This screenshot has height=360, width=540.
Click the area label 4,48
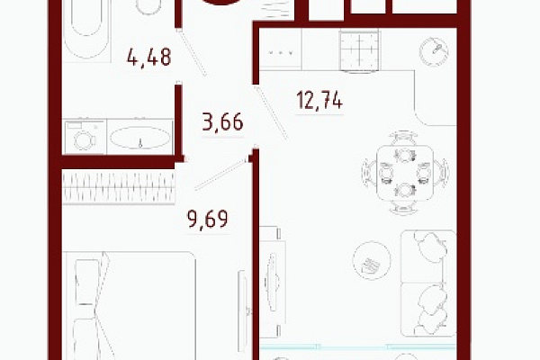pyautogui.click(x=148, y=58)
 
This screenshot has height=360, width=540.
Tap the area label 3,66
pyautogui.click(x=222, y=121)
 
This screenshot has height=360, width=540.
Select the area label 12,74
pyautogui.click(x=319, y=100)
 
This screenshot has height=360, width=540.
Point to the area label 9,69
pyautogui.click(x=208, y=219)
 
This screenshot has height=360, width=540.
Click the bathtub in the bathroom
pyautogui.click(x=86, y=31)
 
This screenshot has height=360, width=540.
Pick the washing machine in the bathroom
pyautogui.click(x=85, y=137)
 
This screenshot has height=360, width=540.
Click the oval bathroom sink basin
pyautogui.click(x=139, y=138)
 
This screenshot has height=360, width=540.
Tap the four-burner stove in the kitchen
pyautogui.click(x=359, y=50)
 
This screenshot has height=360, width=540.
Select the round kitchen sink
pyautogui.click(x=434, y=51)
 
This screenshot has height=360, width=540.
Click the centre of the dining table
pyautogui.click(x=405, y=174)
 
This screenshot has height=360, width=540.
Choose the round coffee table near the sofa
pyautogui.click(x=372, y=260)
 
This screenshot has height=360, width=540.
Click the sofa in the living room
pyautogui.click(x=428, y=283)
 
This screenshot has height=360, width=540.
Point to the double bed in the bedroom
pyautogui.click(x=129, y=306)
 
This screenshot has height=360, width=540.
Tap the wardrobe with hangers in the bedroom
pyautogui.click(x=119, y=187)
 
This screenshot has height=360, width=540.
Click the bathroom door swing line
pyautogui.click(x=193, y=53)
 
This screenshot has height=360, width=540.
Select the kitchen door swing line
pyautogui.click(x=271, y=112)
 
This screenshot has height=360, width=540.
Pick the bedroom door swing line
pyautogui.click(x=221, y=174)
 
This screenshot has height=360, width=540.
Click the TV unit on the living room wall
pyautogui.click(x=272, y=282)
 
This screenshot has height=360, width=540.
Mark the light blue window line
pyautogui.click(x=358, y=346)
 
